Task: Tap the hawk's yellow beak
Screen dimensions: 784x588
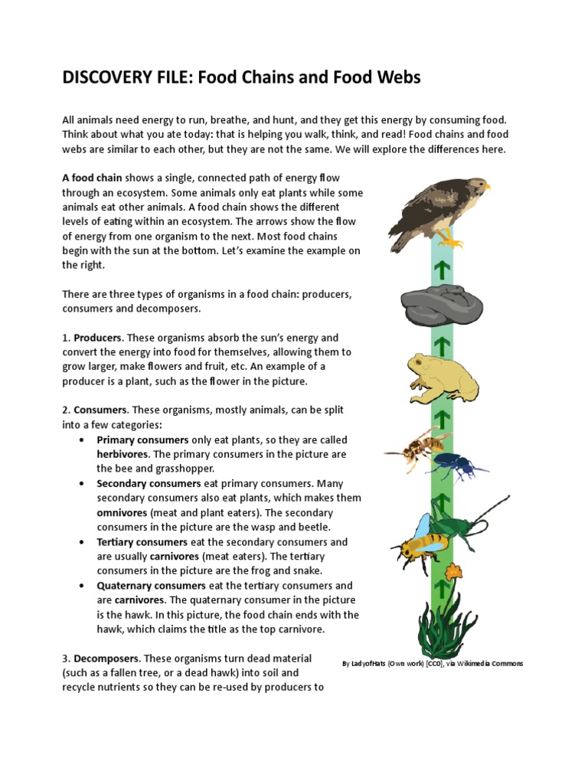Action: (485, 185)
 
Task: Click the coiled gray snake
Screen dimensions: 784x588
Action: (441, 305)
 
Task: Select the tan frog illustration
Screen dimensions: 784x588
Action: (443, 375)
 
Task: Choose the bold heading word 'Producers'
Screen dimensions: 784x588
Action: (98, 338)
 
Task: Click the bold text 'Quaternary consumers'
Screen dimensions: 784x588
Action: (140, 586)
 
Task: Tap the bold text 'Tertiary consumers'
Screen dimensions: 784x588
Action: (135, 542)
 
